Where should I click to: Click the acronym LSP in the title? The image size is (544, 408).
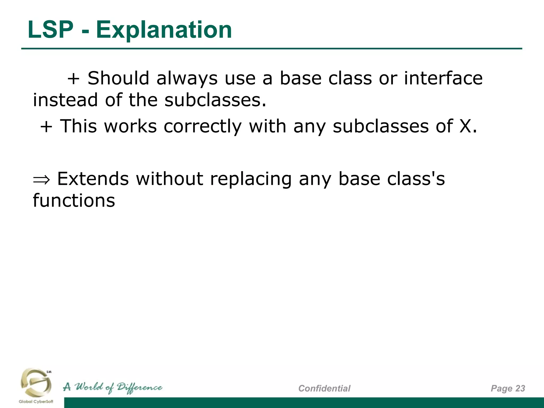[50, 30]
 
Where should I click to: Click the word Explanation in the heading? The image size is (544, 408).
[164, 30]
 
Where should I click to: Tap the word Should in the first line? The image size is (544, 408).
[118, 78]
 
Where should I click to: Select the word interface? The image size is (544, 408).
[443, 78]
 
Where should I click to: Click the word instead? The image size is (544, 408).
[65, 100]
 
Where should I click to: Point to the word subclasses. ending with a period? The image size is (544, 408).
[215, 100]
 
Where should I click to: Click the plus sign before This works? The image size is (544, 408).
[46, 126]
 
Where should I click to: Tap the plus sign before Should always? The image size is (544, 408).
[74, 79]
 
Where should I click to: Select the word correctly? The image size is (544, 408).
[202, 126]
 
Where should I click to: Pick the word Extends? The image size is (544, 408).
[93, 178]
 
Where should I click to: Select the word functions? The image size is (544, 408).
[74, 200]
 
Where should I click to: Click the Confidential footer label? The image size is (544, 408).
[324, 388]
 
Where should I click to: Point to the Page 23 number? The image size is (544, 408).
[508, 388]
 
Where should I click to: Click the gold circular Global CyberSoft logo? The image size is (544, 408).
[36, 382]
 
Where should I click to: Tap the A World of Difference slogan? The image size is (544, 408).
[113, 388]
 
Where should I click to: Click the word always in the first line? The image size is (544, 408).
[187, 79]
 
